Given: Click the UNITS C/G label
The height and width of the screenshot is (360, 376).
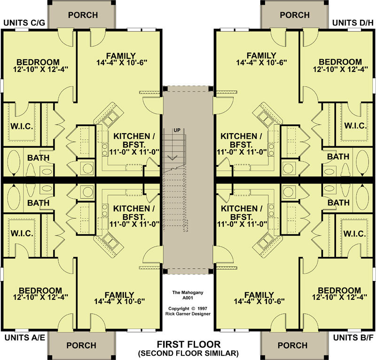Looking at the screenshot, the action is coord(24,23).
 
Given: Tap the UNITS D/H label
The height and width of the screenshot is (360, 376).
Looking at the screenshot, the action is coord(353,23).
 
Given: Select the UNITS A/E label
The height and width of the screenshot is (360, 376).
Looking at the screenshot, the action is coord(25,338).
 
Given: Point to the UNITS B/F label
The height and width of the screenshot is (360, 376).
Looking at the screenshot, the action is coord(353,338).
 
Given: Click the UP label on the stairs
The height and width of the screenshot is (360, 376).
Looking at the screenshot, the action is coord(177,130).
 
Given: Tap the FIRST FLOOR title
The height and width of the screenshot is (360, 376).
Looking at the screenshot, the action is coord(188,344).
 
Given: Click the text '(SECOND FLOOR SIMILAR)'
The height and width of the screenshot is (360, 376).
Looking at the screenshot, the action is coord(188,353).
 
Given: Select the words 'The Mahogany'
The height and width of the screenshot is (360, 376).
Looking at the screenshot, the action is coord(188,293).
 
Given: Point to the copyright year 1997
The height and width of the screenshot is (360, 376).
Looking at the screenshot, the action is coord(203,309).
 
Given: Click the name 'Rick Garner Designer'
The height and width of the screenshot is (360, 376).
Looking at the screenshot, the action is coord(188,314).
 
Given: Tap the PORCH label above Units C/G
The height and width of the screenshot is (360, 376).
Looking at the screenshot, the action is coord(83,15).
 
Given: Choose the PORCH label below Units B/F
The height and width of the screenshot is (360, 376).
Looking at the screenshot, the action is coord(292,345).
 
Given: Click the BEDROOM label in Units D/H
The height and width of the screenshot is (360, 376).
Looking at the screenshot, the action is coord(340,62).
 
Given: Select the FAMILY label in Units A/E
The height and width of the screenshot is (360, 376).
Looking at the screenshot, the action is coord(119,295).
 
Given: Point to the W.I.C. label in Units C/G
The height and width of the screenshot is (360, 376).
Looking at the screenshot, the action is coord(22,126).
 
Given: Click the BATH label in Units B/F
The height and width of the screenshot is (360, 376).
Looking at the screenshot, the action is coord(338,203).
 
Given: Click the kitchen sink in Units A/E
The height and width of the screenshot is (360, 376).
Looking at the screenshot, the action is coord(110,240).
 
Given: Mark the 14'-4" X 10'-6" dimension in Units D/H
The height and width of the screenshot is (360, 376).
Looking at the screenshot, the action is coord(262,63).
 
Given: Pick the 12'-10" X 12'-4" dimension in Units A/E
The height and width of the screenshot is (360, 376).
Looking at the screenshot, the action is coord(40,297).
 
